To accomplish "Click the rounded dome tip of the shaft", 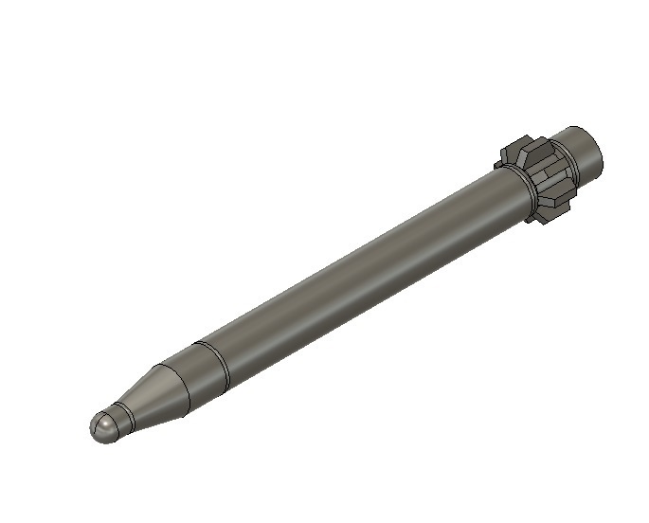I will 103,427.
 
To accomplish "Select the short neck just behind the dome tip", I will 119,417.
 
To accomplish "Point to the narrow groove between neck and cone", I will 126,413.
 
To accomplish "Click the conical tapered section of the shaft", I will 152,397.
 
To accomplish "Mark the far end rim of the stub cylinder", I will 599,152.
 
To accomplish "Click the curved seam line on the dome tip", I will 112,417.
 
